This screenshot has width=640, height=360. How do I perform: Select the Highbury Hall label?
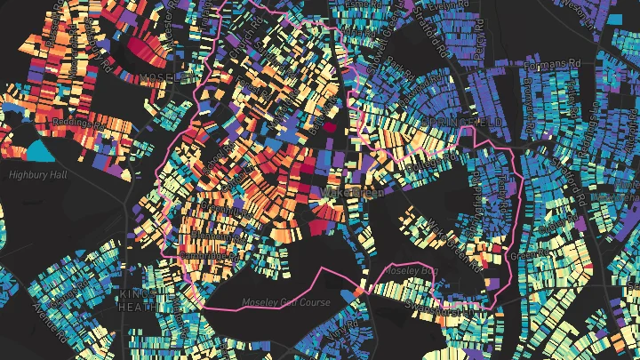click(37, 175)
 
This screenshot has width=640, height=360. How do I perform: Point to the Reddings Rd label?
click(79, 120)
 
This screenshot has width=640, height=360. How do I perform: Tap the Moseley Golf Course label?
click(286, 302)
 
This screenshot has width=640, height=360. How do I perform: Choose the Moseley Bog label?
click(412, 269)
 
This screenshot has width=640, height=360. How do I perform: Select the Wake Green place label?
click(342, 191)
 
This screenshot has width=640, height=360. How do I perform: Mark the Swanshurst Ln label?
click(442, 310)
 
